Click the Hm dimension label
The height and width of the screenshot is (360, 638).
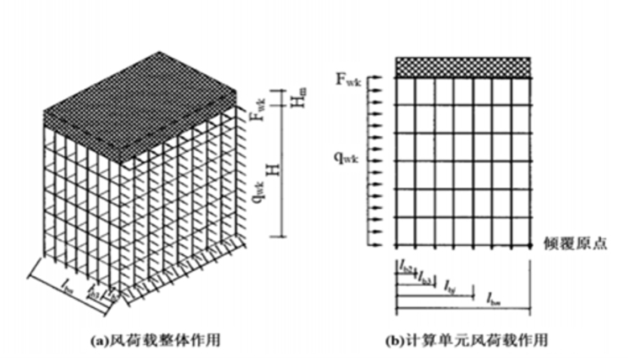click(296, 98)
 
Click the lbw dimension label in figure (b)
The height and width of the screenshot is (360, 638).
click(494, 295)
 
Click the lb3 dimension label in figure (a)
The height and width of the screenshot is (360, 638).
click(93, 296)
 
